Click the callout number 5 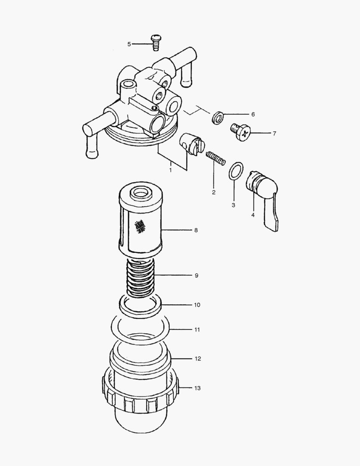pyautogui.click(x=129, y=44)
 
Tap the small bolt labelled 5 pyautogui.click(x=155, y=43)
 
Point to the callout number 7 pyautogui.click(x=274, y=134)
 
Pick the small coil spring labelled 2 pyautogui.click(x=216, y=158)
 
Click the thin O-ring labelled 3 pyautogui.click(x=236, y=171)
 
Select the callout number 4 pyautogui.click(x=253, y=215)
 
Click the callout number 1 pyautogui.click(x=170, y=170)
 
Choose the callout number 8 pyautogui.click(x=196, y=230)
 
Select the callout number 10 pyautogui.click(x=197, y=305)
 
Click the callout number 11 pyautogui.click(x=197, y=330)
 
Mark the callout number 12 pyautogui.click(x=198, y=359)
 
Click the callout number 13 pyautogui.click(x=197, y=388)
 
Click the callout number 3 pyautogui.click(x=233, y=205)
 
